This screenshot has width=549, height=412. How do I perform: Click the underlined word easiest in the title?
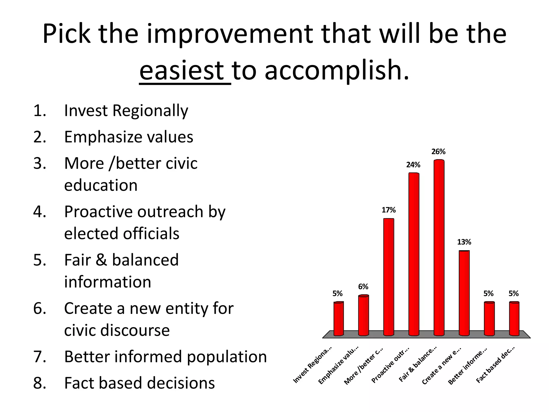(x=182, y=70)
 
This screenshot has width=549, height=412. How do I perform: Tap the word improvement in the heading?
(x=229, y=34)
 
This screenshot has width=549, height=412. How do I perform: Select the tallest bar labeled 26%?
(x=439, y=247)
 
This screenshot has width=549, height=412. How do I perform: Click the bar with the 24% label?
(x=414, y=253)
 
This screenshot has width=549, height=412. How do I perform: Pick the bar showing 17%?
(x=389, y=276)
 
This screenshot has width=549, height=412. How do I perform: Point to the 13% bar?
(x=464, y=292)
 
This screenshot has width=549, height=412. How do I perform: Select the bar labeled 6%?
(x=363, y=315)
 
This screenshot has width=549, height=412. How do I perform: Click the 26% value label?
(x=438, y=152)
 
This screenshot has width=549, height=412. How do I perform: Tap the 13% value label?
(x=464, y=242)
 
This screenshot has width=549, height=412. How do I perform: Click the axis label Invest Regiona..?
(x=313, y=365)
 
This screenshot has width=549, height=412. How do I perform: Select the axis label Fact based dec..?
(x=495, y=365)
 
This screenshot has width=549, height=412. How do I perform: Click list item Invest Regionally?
(x=126, y=111)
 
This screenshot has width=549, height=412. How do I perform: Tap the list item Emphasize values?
(x=129, y=137)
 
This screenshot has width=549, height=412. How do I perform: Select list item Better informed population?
(x=165, y=357)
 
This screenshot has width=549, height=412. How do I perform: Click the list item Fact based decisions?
(x=139, y=383)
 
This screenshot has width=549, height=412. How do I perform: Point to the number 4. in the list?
(x=40, y=212)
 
